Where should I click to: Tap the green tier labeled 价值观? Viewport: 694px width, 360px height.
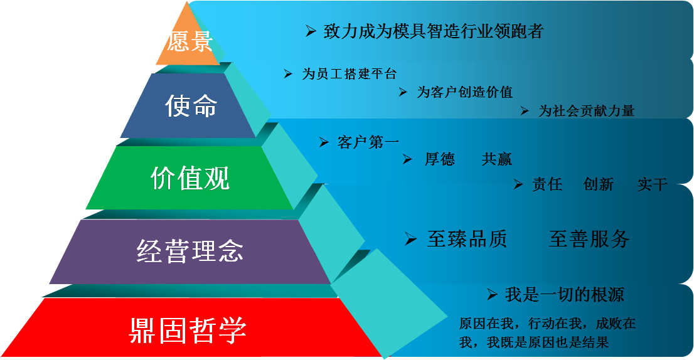tap(190, 177)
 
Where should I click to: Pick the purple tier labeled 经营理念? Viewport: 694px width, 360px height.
tap(190, 251)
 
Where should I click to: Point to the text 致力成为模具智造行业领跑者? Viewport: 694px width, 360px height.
tap(434, 31)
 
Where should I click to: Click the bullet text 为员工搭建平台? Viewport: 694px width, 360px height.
tap(350, 73)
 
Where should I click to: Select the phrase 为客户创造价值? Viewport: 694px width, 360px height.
tap(465, 92)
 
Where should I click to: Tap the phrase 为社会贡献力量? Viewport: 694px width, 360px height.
tap(587, 110)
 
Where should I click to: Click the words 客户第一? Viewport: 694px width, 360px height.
tap(368, 142)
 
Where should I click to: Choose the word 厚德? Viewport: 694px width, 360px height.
tap(439, 159)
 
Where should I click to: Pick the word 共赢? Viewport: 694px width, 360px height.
tap(496, 159)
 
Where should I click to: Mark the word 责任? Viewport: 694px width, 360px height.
tap(547, 184)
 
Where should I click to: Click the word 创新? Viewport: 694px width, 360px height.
tap(599, 184)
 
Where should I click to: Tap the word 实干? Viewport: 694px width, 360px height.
tap(653, 184)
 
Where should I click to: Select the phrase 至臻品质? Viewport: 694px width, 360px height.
tap(467, 239)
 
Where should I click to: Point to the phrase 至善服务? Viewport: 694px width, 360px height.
tap(589, 239)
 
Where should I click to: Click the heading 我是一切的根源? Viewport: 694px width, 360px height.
tap(564, 295)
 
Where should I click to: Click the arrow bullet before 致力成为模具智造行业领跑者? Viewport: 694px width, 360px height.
tap(311, 31)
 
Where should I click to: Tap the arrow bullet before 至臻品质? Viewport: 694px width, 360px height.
tap(411, 239)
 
